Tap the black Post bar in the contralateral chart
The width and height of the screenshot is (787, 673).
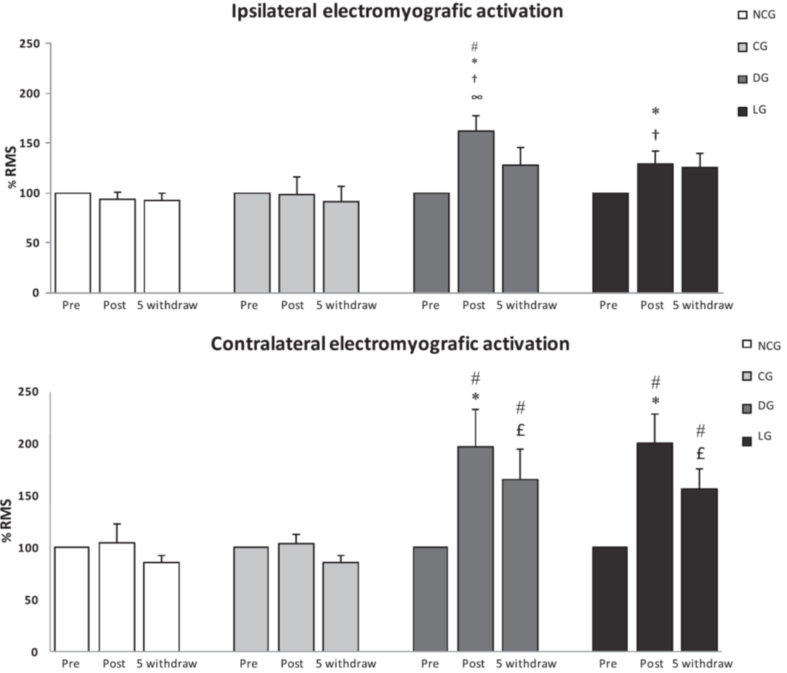coord(654,547)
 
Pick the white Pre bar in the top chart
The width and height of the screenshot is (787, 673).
coord(72,243)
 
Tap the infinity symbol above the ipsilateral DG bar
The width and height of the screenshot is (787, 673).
coord(477,97)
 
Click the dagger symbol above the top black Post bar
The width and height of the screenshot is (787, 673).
coord(655,134)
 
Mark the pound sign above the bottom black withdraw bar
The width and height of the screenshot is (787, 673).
coord(700,452)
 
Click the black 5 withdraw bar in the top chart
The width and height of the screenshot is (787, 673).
coord(699,230)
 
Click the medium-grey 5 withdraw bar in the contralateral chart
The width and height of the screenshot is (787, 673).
coord(521,565)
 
